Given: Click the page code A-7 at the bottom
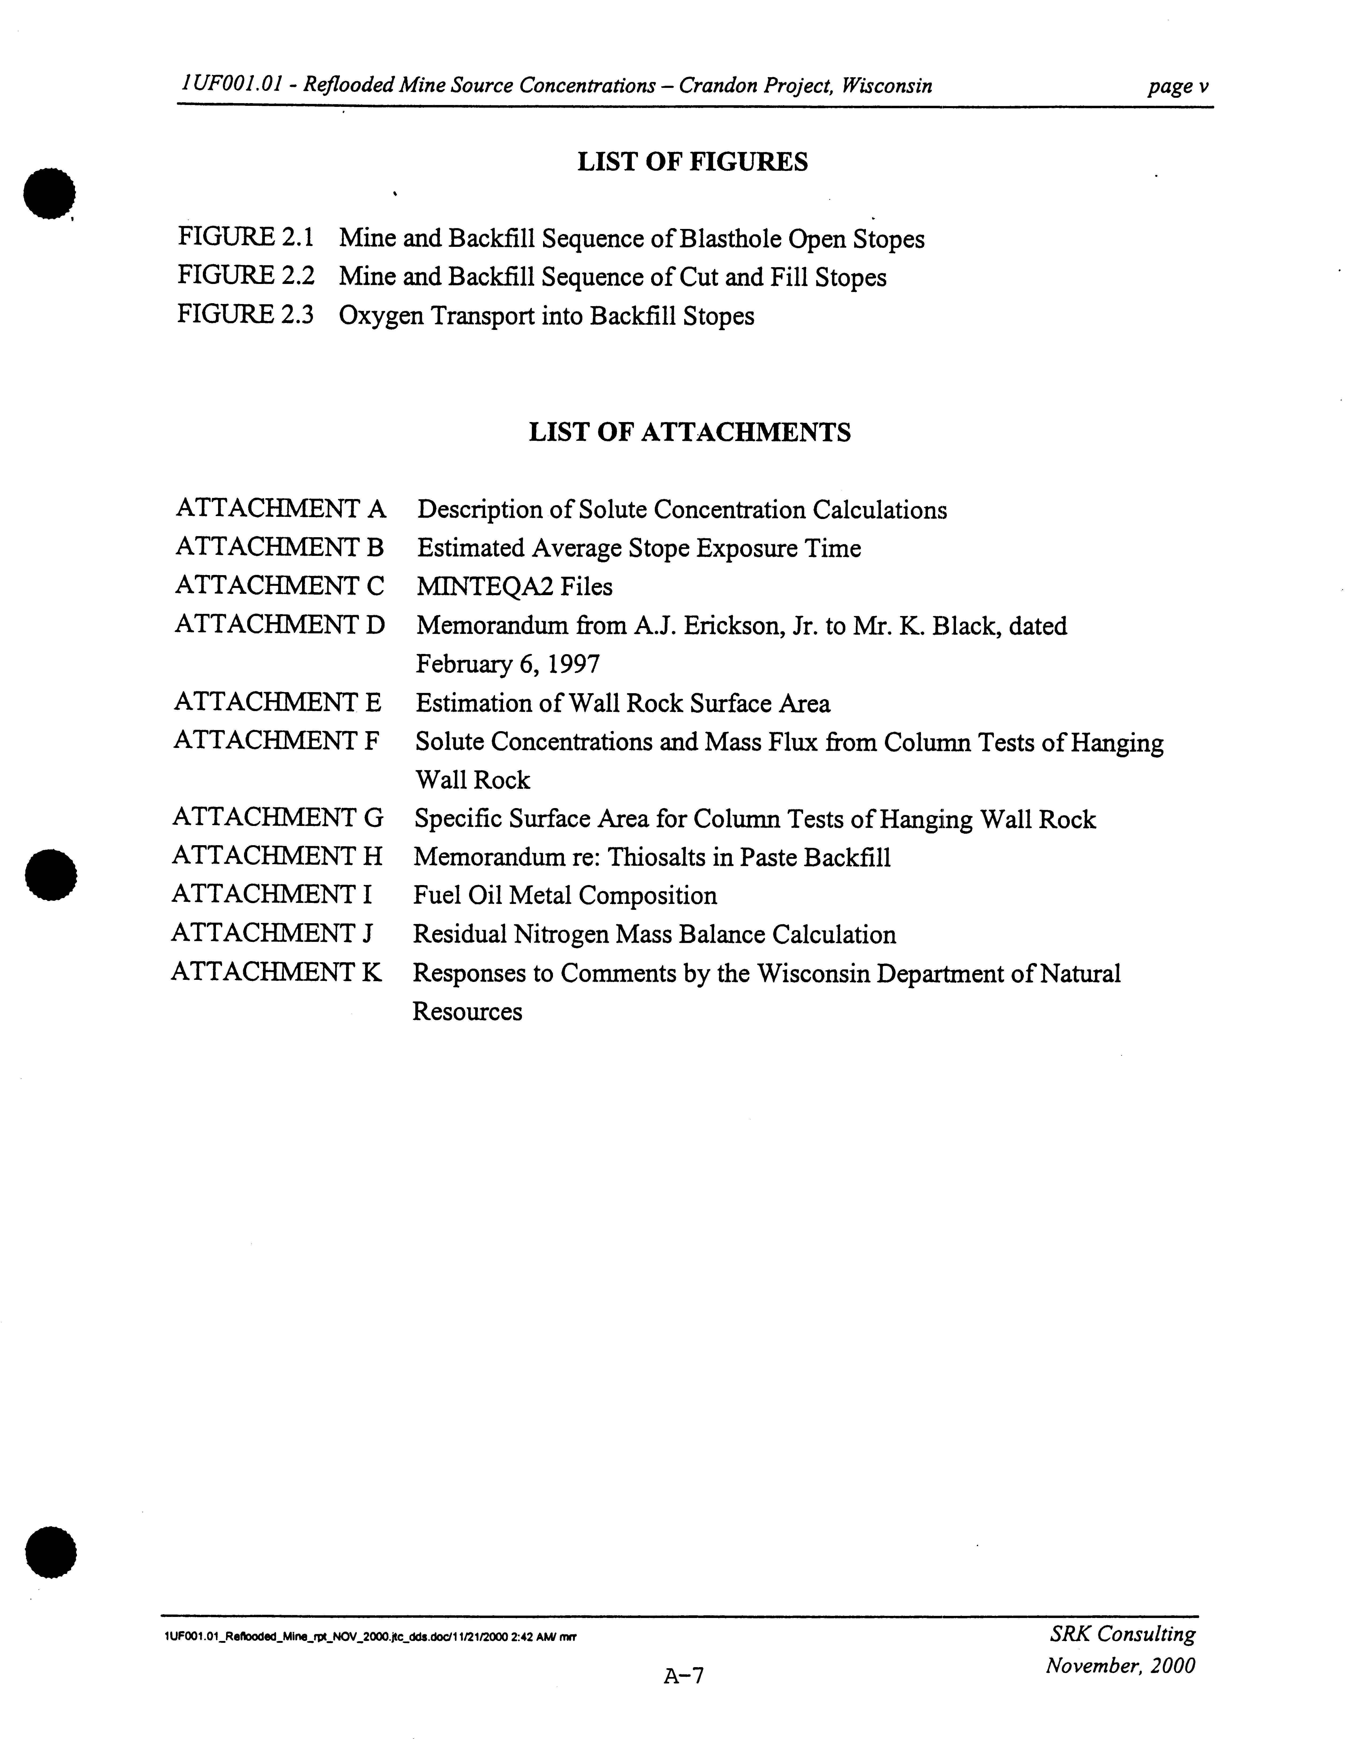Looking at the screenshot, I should [683, 1675].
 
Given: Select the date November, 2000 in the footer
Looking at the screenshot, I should [1120, 1666].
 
